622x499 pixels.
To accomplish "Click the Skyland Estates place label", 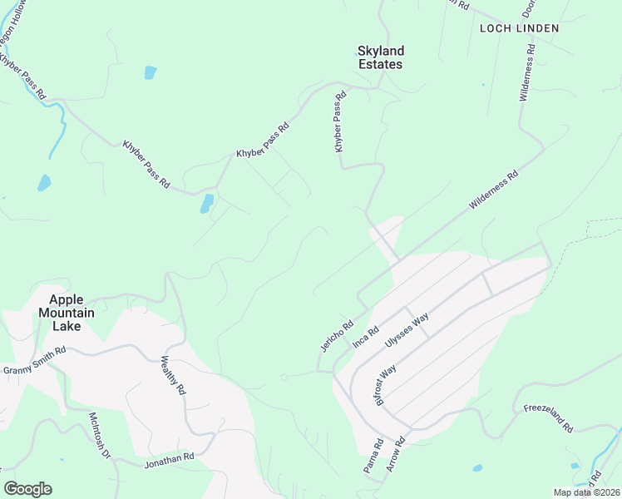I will [x=381, y=57].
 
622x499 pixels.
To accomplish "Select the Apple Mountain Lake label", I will [x=72, y=313].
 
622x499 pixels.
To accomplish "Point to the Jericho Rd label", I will [x=337, y=335].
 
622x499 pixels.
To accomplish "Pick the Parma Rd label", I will [x=373, y=457].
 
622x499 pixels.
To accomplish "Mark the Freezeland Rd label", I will [x=549, y=417].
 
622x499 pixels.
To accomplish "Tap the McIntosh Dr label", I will [x=100, y=435].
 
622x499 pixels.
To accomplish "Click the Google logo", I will [x=27, y=488].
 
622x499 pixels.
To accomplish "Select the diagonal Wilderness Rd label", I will [x=493, y=190].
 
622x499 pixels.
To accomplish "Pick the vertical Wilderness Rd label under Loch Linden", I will [x=527, y=79].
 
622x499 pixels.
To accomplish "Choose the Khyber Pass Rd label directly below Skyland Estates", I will [x=339, y=122].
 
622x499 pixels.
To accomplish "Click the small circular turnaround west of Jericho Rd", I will [x=284, y=377].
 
